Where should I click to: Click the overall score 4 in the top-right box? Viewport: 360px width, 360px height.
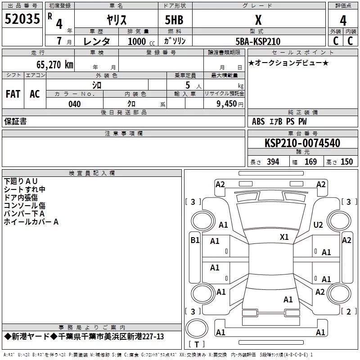pos(343,20)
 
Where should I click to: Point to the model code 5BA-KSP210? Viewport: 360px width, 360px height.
pos(258,41)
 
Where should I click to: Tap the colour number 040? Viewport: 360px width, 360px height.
pos(74,104)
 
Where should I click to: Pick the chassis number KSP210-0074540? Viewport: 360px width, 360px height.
pos(302,143)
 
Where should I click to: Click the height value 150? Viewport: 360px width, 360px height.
pos(346,162)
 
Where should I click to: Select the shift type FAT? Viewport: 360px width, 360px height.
pos(13,94)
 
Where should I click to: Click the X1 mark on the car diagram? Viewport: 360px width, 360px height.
pos(284,237)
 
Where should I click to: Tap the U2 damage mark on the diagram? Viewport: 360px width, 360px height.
pos(318,225)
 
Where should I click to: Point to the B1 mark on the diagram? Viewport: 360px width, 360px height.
pos(194,240)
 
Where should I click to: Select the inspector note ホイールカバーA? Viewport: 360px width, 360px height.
pos(31,222)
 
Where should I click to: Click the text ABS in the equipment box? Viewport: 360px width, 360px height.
pos(258,121)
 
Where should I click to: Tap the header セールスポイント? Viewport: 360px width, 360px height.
pos(302,53)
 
